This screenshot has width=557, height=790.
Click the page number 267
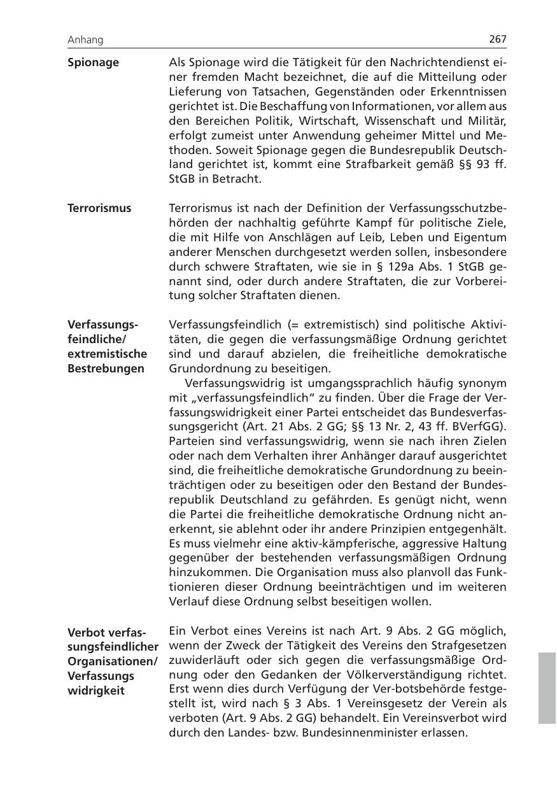click(498, 39)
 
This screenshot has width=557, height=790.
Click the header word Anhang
click(85, 40)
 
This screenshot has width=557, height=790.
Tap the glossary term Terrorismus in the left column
click(99, 208)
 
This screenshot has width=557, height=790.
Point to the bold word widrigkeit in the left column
click(96, 691)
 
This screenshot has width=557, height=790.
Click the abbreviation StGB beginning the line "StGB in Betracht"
click(182, 179)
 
